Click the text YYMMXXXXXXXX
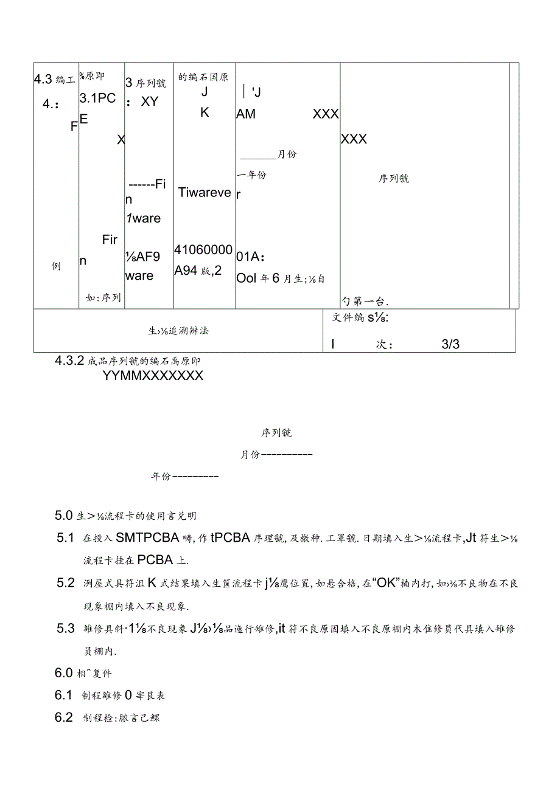[153, 376]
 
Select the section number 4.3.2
[69, 360]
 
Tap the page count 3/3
[450, 344]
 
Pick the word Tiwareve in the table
[205, 193]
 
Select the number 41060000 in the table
[203, 250]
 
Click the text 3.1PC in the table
[97, 99]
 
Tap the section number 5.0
[64, 516]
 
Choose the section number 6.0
[64, 673]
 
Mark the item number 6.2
[64, 717]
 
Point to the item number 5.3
[66, 629]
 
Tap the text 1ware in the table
[144, 218]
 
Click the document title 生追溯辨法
[178, 330]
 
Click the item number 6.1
[64, 695]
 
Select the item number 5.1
[65, 537]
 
